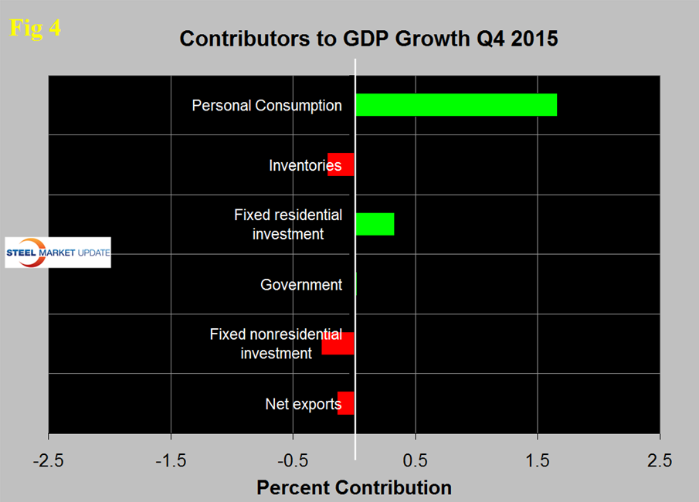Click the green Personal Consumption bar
tap(456, 105)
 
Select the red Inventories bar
tap(341, 165)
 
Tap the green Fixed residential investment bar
tap(375, 224)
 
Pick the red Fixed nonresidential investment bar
tap(338, 344)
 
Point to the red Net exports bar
tap(346, 403)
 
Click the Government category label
tap(301, 284)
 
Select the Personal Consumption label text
tap(266, 105)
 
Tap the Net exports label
tap(303, 403)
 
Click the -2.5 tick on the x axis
tap(48, 461)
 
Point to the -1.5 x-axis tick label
tap(170, 461)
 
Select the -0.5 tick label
tap(293, 461)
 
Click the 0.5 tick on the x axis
tap(416, 461)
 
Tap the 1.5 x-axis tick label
tap(538, 461)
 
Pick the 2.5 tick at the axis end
tap(660, 461)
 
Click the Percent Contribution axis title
tap(354, 488)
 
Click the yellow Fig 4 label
tap(35, 28)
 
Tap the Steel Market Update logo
tap(58, 253)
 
